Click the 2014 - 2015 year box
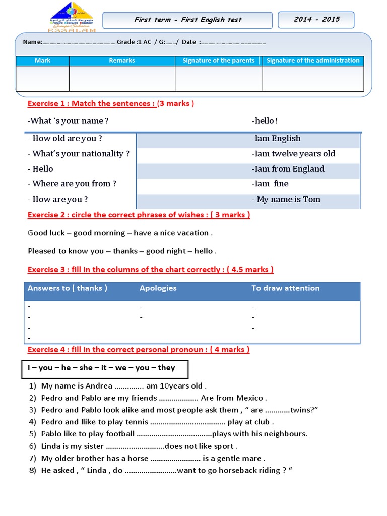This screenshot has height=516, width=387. coord(316,20)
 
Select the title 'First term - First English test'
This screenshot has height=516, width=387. coord(187,20)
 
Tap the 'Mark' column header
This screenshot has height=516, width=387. coord(43,61)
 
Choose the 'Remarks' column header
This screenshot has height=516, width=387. coord(122,61)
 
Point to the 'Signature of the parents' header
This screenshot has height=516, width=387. coord(219,61)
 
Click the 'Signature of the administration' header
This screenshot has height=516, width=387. coord(313,61)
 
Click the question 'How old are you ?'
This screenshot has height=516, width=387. coord(65,139)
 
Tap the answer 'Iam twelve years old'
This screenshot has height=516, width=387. coord(293,154)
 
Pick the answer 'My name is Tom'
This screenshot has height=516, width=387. coord(286,199)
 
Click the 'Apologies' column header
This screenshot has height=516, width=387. coord(158,288)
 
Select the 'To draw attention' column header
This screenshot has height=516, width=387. coord(285,288)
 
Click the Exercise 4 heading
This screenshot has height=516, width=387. coord(139,350)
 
